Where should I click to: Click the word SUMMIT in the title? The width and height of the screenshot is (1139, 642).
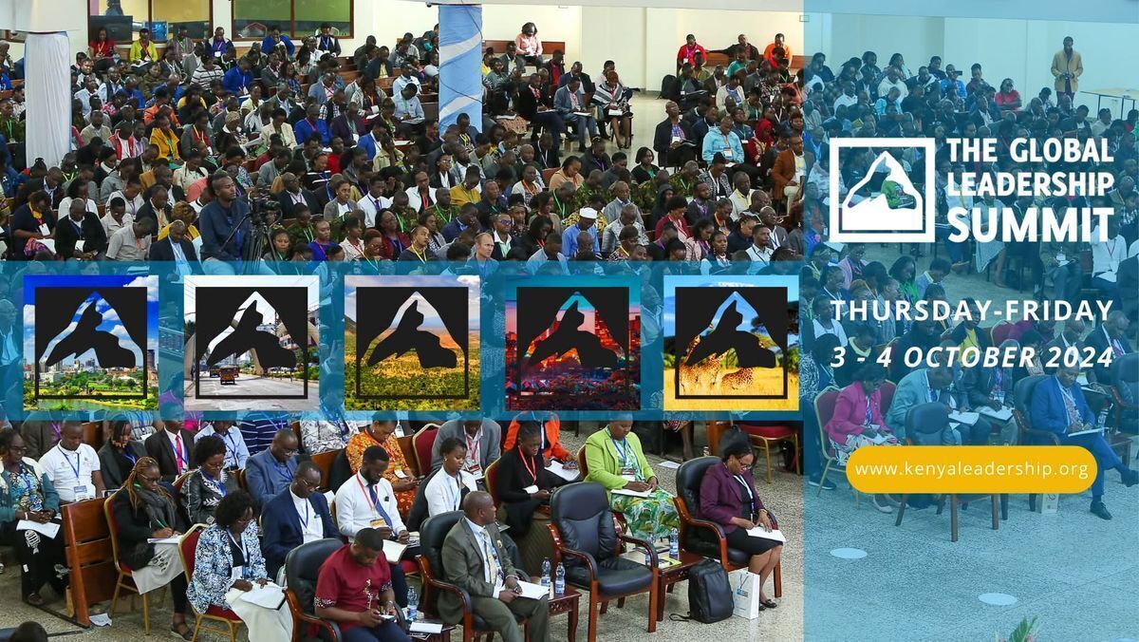(x=1030, y=224)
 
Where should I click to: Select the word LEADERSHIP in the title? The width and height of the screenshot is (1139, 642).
(x=1030, y=184)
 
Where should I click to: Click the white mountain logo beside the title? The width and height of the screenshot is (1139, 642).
(x=882, y=190)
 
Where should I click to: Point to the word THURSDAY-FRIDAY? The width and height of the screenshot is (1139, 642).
(x=972, y=311)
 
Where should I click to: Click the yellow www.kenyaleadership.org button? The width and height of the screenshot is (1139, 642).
(x=971, y=469)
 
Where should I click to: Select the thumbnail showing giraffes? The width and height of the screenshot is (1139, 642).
(x=731, y=343)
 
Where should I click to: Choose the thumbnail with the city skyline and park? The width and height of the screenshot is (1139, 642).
(x=90, y=343)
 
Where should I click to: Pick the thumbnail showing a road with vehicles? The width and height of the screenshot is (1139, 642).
(x=252, y=343)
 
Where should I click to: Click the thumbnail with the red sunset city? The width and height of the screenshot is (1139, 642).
(x=572, y=343)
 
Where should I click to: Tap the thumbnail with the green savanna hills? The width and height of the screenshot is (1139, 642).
(x=412, y=343)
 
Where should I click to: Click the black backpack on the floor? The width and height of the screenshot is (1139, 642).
(x=710, y=592)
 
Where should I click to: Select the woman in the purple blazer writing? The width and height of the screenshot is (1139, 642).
(x=738, y=503)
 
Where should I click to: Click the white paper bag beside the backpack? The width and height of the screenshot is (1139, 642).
(x=745, y=594)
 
